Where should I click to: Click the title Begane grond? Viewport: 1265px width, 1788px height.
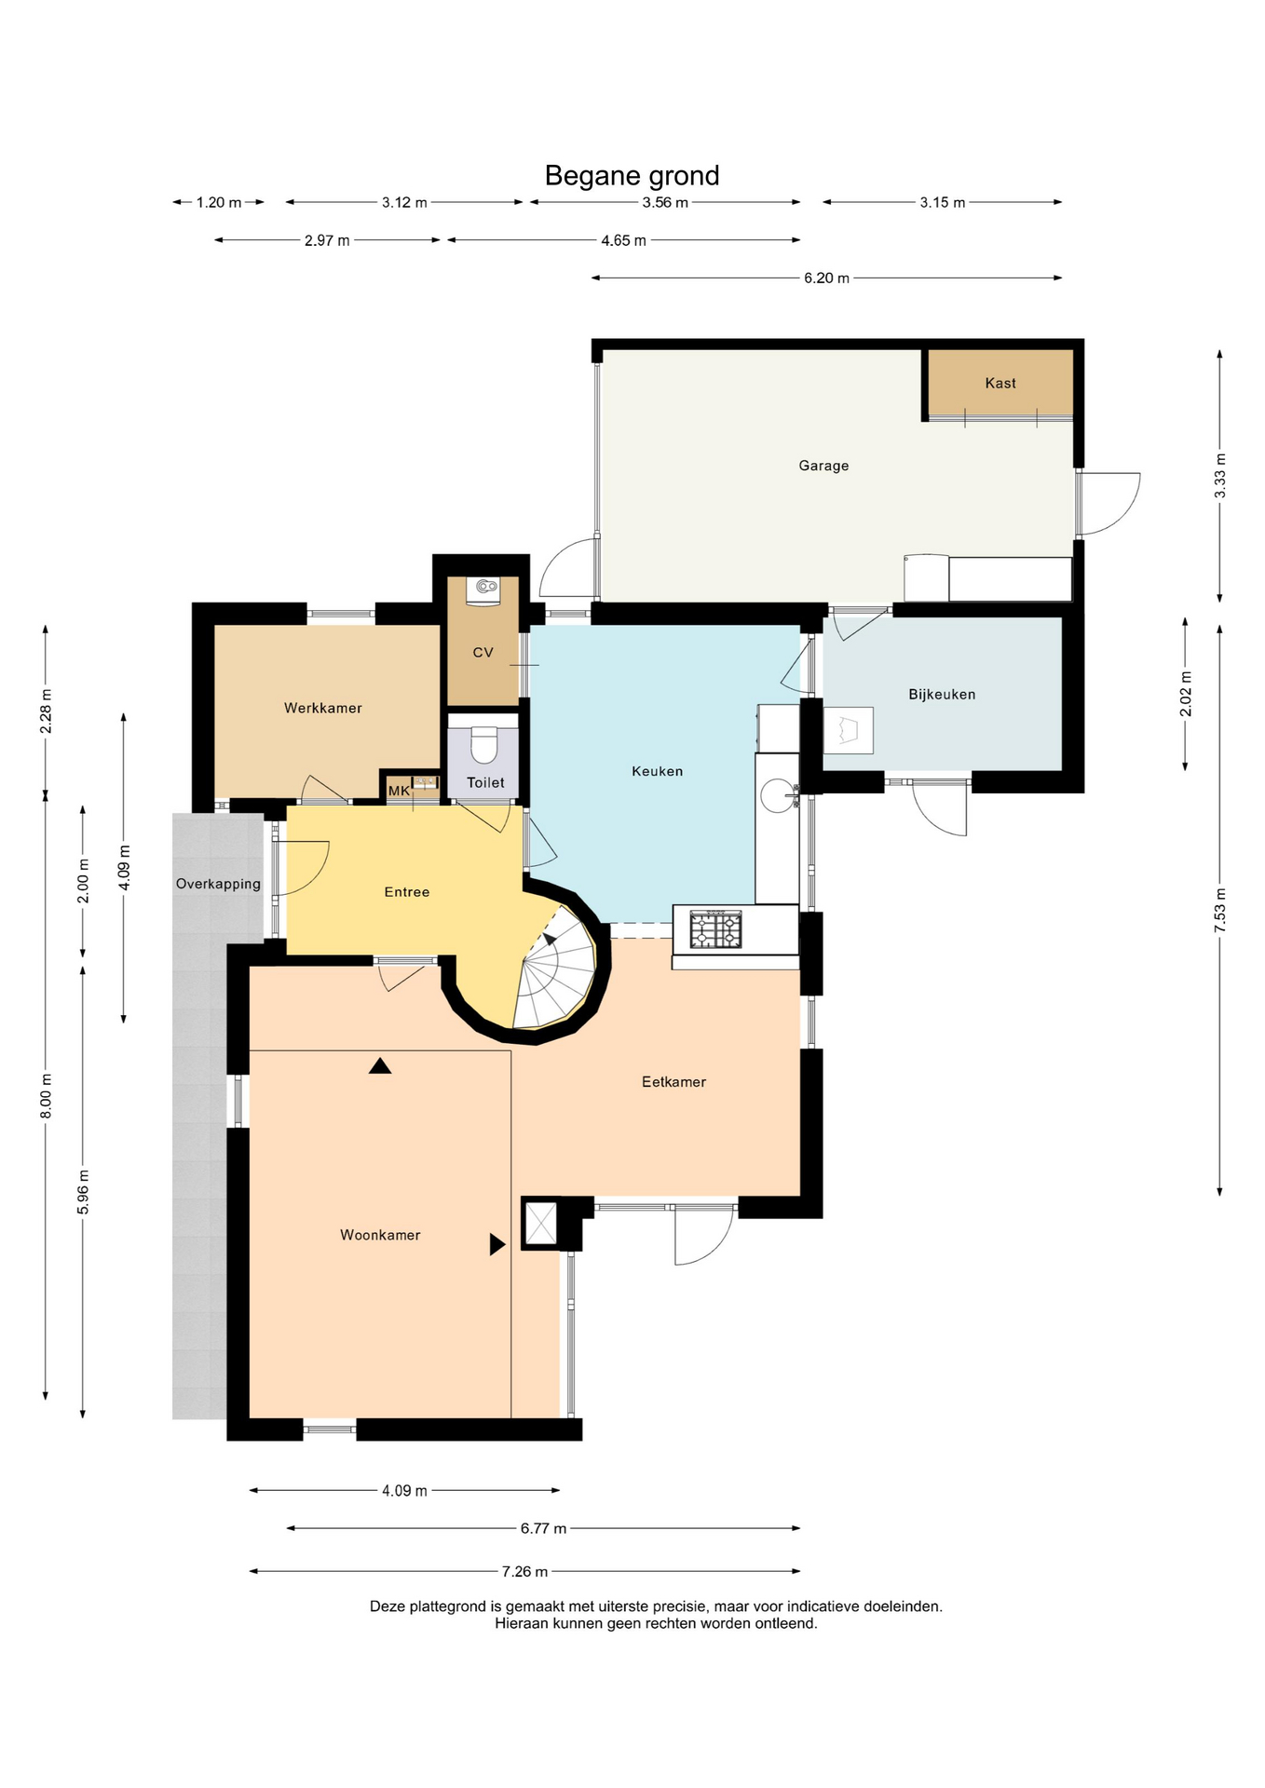632,176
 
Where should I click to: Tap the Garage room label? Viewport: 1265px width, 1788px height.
823,466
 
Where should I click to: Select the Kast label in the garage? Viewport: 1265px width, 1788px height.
1000,383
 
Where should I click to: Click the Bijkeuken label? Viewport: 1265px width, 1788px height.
942,694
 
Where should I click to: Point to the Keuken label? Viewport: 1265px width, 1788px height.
657,771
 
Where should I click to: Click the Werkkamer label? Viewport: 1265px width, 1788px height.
322,708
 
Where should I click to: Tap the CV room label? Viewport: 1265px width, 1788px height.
483,652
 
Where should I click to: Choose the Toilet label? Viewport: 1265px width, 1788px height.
485,782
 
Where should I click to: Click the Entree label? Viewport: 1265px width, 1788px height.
407,892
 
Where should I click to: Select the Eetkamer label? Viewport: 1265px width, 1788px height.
673,1081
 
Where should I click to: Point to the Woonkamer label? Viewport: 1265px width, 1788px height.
380,1235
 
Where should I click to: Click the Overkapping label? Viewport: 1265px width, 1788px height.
218,884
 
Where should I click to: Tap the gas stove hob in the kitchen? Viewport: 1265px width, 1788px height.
715,929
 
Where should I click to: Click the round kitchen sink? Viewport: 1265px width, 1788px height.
778,795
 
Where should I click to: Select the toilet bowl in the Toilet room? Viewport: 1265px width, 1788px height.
484,745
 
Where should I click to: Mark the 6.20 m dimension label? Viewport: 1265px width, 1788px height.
826,278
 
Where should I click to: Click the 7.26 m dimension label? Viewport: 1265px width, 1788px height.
524,1571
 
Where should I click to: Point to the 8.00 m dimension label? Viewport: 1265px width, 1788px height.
46,1096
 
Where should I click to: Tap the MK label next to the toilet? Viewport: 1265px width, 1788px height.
399,791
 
